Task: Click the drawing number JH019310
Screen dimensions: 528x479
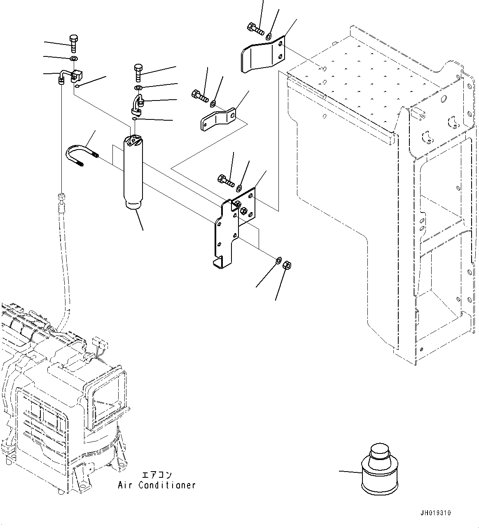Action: click(436, 513)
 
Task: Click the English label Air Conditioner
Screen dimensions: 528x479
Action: click(157, 485)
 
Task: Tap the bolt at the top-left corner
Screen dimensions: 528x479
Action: click(73, 43)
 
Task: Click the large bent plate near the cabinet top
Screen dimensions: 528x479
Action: click(262, 55)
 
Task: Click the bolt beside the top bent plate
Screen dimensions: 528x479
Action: click(255, 29)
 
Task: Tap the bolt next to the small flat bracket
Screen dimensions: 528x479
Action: click(200, 96)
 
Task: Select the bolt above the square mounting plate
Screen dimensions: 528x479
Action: click(225, 180)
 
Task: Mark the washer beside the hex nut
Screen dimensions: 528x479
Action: click(278, 260)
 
